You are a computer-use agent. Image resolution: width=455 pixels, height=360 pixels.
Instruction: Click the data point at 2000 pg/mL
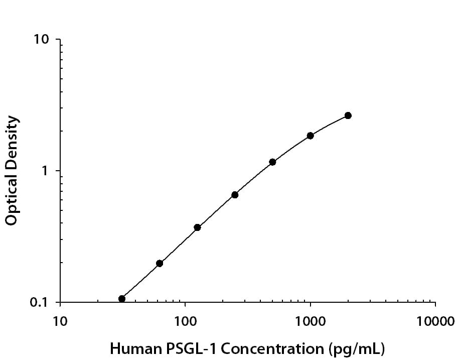pos(348,115)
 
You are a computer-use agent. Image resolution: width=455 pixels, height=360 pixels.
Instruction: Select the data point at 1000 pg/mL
pos(310,136)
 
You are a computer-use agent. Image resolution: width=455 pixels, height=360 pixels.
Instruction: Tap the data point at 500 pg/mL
pos(272,162)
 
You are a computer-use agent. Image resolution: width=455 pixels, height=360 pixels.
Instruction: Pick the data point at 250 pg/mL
pos(235,195)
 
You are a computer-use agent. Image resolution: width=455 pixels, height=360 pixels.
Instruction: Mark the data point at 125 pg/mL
pos(197,227)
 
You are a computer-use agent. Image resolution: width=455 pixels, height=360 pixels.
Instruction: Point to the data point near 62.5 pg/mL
pos(160,263)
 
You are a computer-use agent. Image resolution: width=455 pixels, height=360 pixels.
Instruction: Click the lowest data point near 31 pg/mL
pos(122,299)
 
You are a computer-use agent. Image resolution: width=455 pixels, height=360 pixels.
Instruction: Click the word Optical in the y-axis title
pos(12,200)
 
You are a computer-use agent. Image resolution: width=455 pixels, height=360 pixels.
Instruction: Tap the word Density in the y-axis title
pos(12,140)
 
